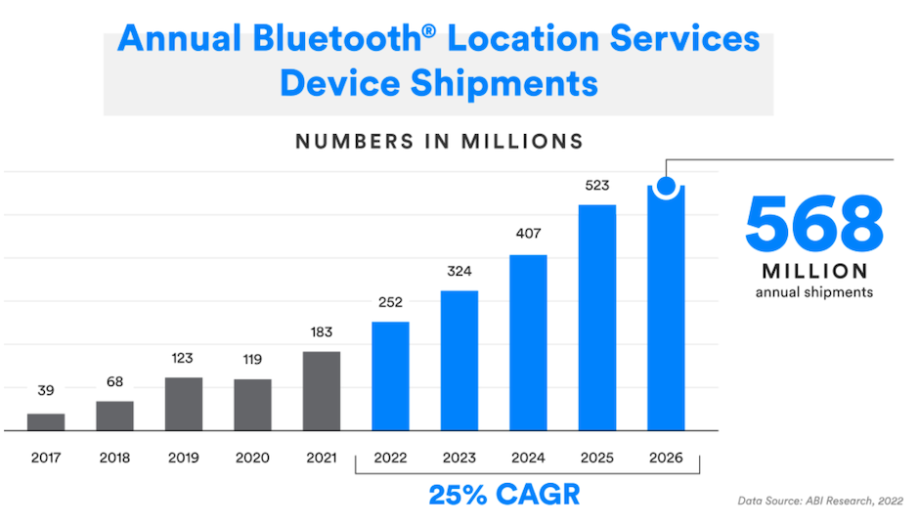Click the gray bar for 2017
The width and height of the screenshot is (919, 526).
[46, 421]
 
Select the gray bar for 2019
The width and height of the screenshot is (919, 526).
[184, 404]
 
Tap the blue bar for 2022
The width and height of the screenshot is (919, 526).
[390, 375]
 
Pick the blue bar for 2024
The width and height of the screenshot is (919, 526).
[528, 342]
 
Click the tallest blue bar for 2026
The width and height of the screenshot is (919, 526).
[666, 313]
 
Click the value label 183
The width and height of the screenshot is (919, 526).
[322, 332]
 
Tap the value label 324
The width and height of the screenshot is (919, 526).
[459, 271]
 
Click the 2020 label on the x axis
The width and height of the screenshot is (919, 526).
[252, 458]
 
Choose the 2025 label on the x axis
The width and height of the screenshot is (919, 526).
[596, 458]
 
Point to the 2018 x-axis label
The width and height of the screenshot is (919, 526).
[114, 458]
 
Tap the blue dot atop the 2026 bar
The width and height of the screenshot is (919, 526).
[667, 185]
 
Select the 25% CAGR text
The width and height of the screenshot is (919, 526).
[503, 494]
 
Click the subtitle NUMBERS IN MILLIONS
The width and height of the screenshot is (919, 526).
[439, 141]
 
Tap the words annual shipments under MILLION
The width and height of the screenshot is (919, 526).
[813, 291]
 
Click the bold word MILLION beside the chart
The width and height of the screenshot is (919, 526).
[813, 271]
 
